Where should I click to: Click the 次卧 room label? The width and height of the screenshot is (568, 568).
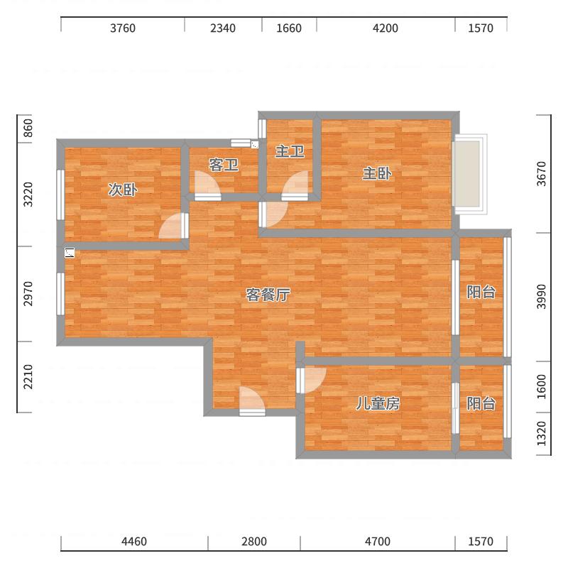(122, 190)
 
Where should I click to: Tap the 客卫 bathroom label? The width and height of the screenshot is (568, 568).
(224, 165)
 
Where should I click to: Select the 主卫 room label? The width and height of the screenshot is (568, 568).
(290, 151)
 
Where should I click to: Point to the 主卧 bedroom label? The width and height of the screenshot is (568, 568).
(377, 173)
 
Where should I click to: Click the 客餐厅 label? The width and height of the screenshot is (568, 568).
(268, 295)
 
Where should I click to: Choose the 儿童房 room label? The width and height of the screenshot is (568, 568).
(378, 403)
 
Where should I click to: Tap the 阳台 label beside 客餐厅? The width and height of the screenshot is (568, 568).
(481, 292)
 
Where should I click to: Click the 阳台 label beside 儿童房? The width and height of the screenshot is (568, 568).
(481, 403)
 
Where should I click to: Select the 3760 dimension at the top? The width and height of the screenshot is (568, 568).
(123, 28)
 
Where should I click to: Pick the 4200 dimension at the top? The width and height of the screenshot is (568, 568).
(386, 28)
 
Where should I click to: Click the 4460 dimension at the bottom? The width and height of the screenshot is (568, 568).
(134, 542)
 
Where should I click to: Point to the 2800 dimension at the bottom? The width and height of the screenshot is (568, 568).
(254, 542)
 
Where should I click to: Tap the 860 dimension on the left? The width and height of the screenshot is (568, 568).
(28, 128)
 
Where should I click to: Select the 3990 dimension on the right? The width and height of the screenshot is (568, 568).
(541, 297)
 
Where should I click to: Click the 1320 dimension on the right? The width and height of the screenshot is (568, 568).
(541, 434)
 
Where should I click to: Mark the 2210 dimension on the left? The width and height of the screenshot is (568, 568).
(28, 377)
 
